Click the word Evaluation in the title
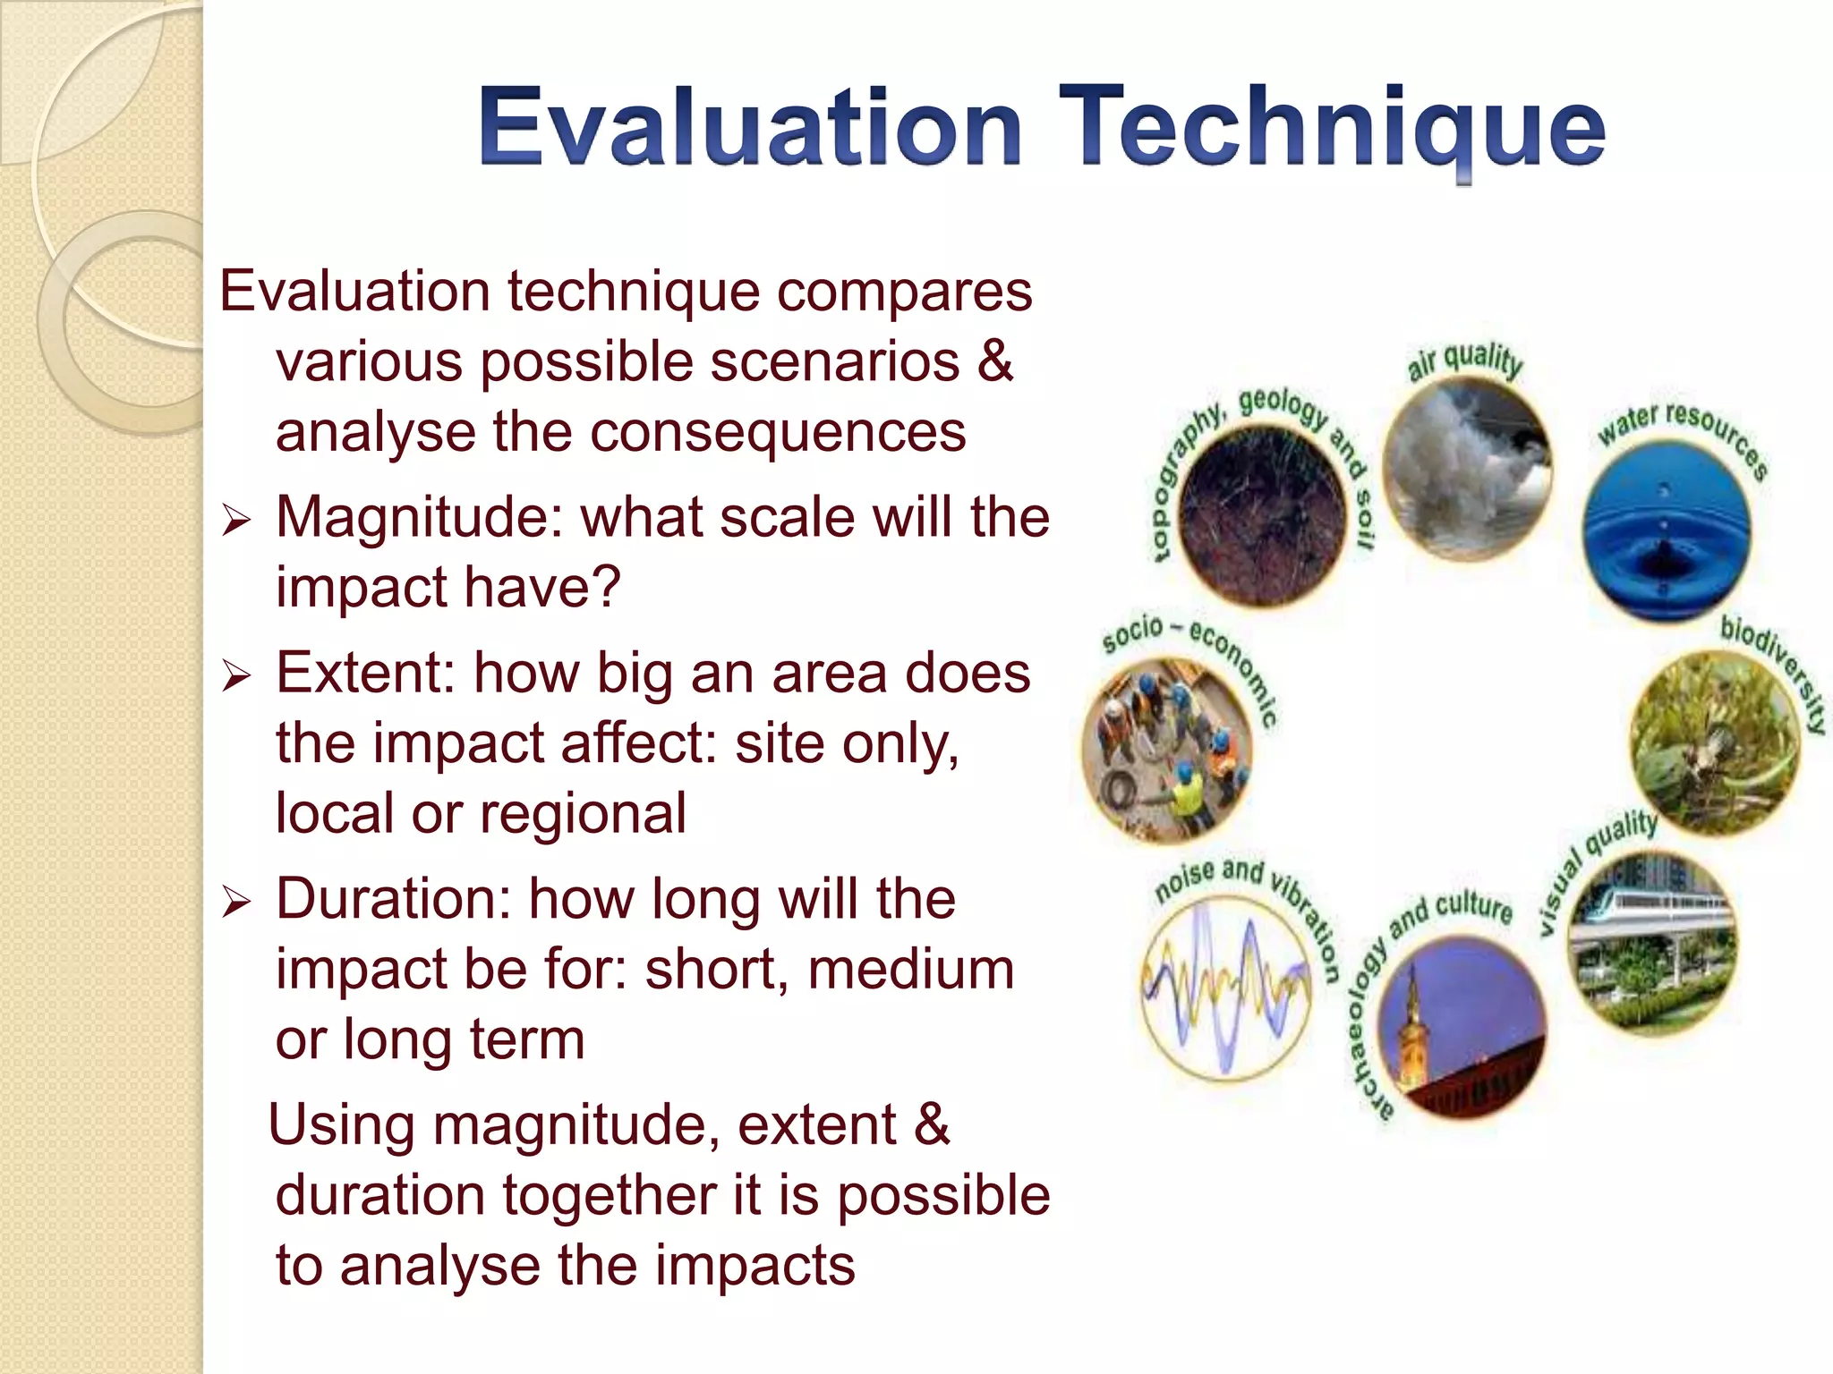[x=750, y=127]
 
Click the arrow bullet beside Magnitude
[x=236, y=520]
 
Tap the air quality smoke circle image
[x=1467, y=470]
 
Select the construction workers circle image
[x=1167, y=750]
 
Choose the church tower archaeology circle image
[x=1462, y=1029]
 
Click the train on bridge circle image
[x=1652, y=944]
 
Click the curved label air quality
[x=1465, y=360]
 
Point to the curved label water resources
[x=1683, y=434]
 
